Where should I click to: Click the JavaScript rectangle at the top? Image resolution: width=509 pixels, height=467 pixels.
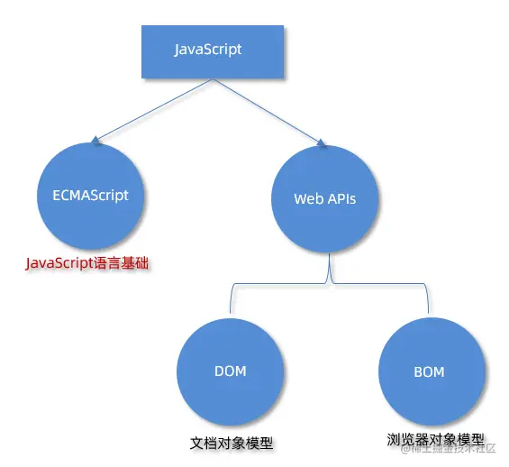212,50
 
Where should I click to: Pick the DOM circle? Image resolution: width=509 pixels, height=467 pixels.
231,371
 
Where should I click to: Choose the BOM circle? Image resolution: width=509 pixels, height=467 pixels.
429,370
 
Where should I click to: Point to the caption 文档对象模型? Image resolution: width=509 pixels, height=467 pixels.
232,443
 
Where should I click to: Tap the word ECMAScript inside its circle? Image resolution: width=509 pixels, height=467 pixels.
90,195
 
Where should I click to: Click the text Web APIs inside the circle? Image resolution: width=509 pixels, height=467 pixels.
325,198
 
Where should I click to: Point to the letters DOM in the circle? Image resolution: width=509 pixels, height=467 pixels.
231,371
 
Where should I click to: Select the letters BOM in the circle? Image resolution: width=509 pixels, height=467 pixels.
429,371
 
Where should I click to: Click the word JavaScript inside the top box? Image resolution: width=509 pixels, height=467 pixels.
208,50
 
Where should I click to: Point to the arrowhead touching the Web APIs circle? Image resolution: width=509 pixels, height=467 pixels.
319,140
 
